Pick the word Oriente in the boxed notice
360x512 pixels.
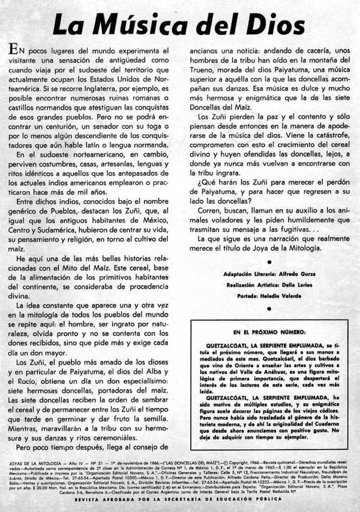239,366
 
